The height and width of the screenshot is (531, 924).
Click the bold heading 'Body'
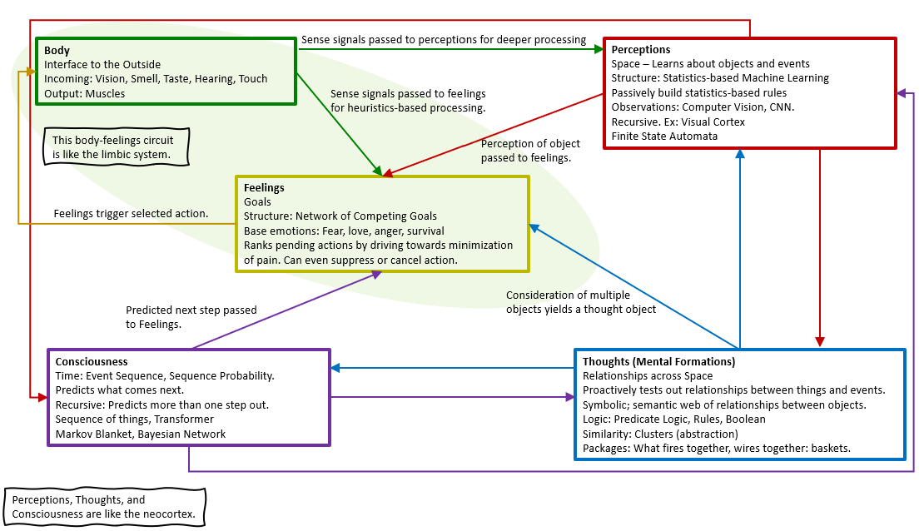tap(57, 50)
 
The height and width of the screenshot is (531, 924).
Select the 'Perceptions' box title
tap(641, 50)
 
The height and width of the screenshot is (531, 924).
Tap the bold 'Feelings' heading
tap(264, 188)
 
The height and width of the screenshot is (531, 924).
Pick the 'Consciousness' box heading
tap(92, 362)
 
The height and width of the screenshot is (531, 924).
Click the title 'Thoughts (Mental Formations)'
tap(658, 362)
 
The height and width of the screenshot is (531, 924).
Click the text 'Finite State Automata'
tap(664, 136)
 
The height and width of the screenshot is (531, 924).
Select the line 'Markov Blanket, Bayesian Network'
tap(141, 434)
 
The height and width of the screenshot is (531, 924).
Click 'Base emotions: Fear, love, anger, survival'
tap(344, 231)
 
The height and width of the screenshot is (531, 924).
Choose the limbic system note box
tap(116, 147)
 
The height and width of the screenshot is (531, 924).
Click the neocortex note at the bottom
tap(104, 507)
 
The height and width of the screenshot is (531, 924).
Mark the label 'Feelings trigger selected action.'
tap(132, 214)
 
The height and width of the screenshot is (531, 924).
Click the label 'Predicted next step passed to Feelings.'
tap(191, 317)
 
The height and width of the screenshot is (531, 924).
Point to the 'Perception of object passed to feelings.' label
tap(526, 151)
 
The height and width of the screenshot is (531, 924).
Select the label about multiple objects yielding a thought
tap(581, 302)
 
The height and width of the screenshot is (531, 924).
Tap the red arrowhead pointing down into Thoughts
tap(820, 341)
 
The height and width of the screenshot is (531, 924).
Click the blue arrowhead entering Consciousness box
tap(336, 367)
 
